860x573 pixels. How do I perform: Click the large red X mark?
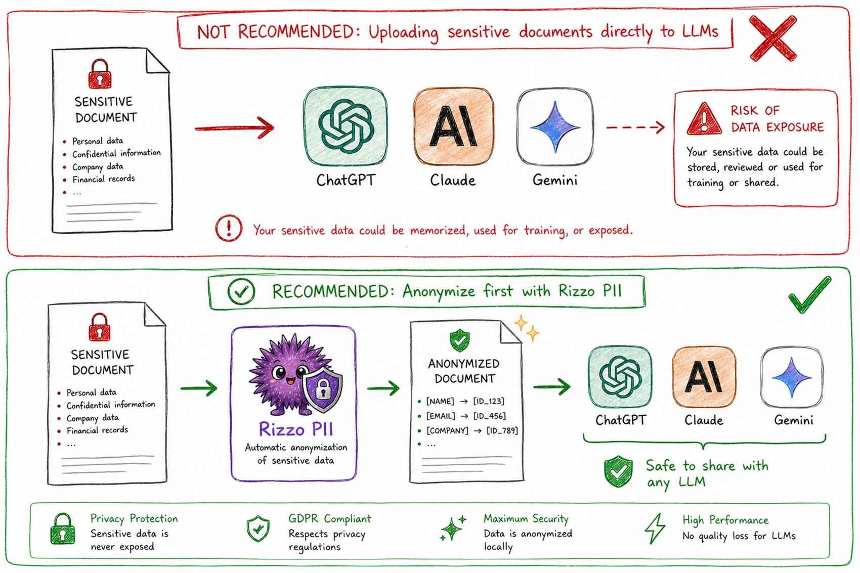(x=773, y=38)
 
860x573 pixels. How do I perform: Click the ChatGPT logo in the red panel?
(x=346, y=126)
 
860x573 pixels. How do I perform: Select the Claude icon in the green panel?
(x=704, y=377)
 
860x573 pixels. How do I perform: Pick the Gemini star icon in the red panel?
(x=555, y=127)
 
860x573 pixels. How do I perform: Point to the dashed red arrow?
(x=635, y=127)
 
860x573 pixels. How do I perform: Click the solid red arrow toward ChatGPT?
(x=235, y=128)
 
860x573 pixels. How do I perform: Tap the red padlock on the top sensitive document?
(x=100, y=74)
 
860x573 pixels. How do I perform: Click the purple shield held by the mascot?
(x=322, y=389)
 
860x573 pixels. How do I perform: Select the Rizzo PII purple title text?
(x=296, y=429)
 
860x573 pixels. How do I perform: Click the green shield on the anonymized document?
(x=459, y=340)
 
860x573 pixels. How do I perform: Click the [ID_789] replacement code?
(x=502, y=430)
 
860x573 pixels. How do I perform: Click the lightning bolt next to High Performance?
(x=655, y=528)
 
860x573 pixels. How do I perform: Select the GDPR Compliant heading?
(x=330, y=518)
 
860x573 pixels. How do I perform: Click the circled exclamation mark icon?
(x=229, y=229)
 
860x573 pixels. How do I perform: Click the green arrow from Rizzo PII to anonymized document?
(x=383, y=388)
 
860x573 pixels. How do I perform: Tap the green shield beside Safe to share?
(x=618, y=471)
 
